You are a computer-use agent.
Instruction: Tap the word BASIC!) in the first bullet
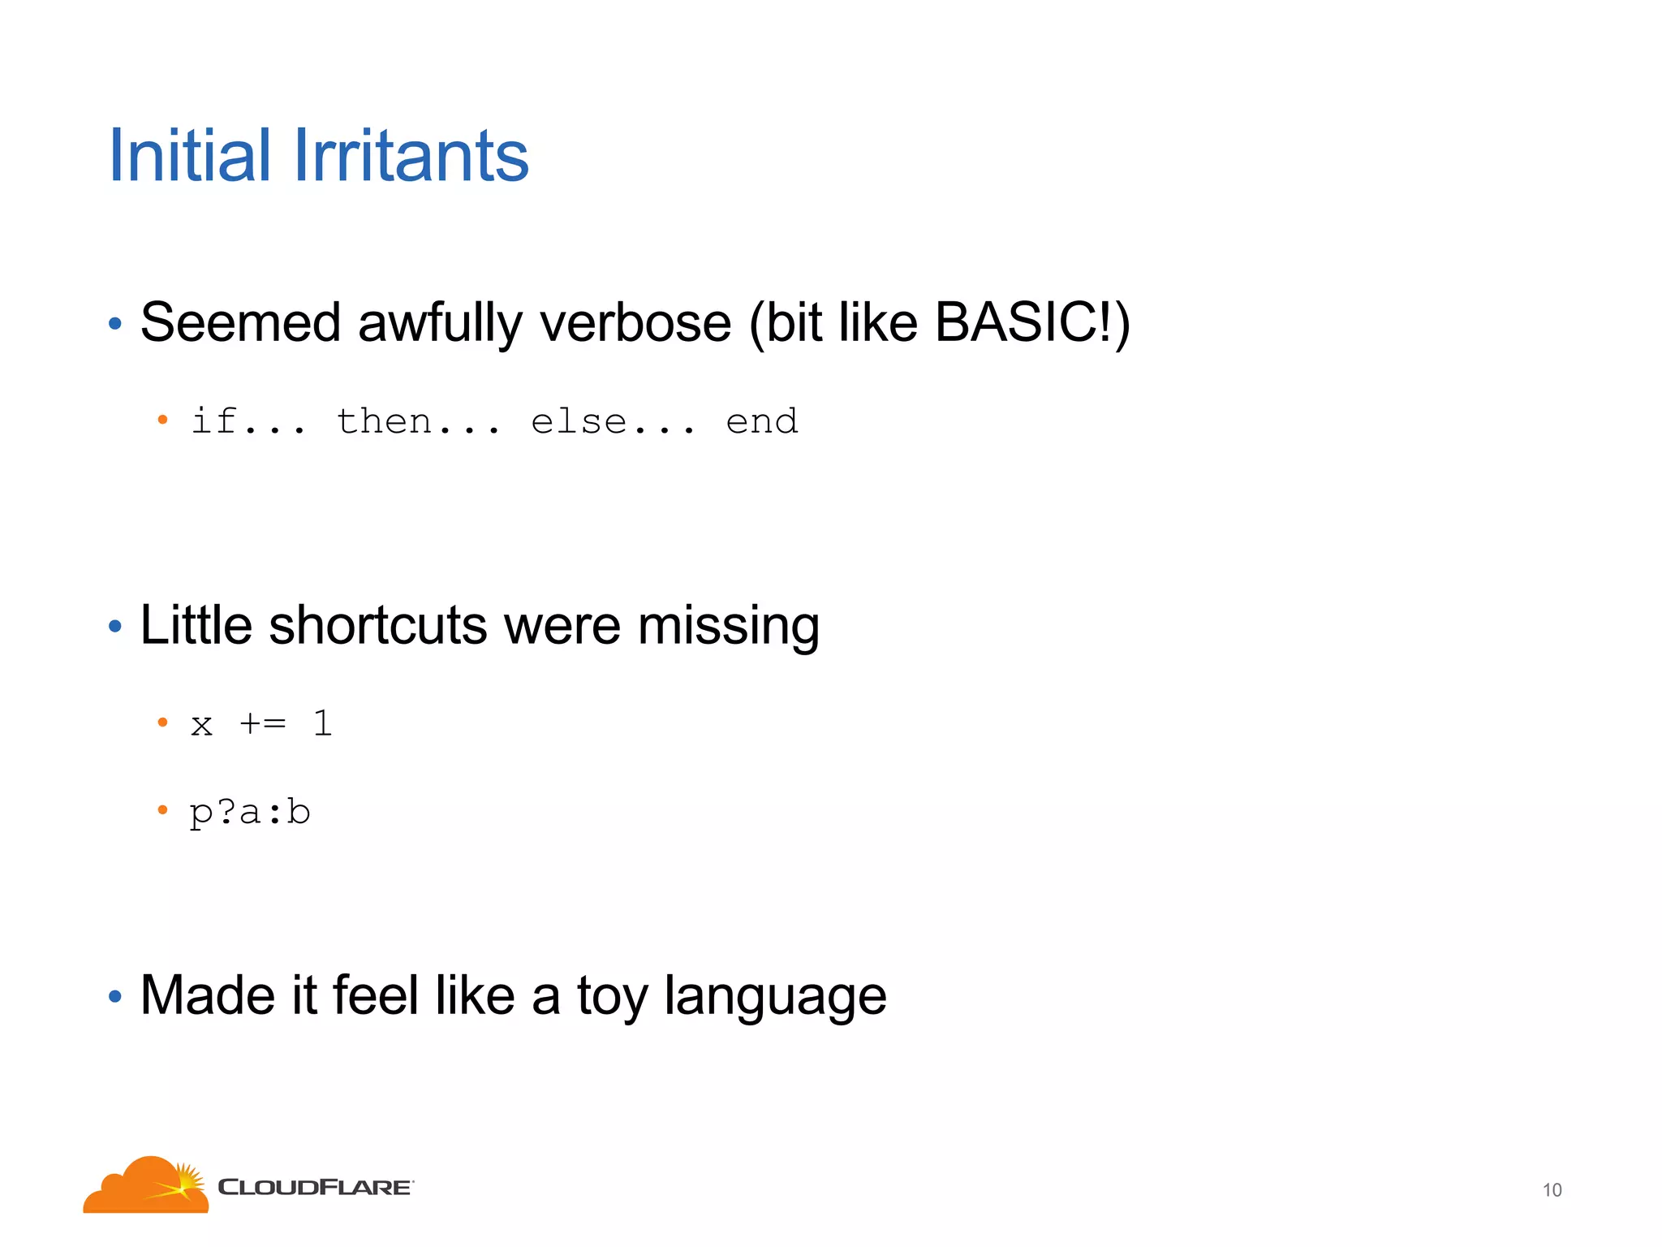click(x=1031, y=323)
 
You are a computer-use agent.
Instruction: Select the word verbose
click(x=635, y=323)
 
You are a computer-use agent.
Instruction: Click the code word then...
click(x=384, y=421)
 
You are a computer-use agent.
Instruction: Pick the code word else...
click(x=579, y=421)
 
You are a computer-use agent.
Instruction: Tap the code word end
click(x=762, y=421)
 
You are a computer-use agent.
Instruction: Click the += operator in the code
click(x=263, y=723)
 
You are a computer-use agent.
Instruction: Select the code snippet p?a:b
click(x=250, y=812)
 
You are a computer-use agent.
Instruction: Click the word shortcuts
click(x=377, y=626)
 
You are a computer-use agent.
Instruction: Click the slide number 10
click(x=1552, y=1190)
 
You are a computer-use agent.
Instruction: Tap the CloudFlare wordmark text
click(x=315, y=1188)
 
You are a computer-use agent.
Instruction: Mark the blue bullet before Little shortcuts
click(x=115, y=627)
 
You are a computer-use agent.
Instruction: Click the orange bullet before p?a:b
click(x=162, y=809)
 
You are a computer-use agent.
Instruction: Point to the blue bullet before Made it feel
click(x=115, y=996)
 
